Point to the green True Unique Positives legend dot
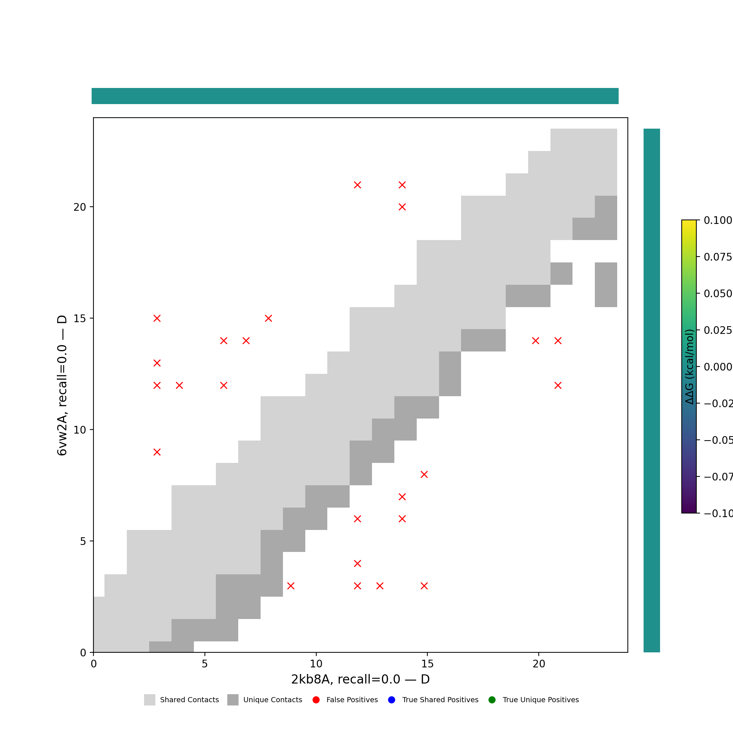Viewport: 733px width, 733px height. tap(492, 700)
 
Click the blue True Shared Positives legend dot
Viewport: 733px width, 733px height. tap(391, 700)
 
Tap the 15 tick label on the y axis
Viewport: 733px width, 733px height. tap(80, 319)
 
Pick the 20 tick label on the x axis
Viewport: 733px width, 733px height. tap(539, 664)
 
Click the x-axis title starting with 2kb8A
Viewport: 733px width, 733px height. tap(360, 679)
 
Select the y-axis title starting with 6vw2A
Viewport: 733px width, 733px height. tap(62, 385)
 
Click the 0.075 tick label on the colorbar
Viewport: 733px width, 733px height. tap(717, 257)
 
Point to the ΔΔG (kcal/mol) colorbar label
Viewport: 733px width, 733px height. tap(689, 366)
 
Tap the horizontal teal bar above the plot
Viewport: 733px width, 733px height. tap(355, 96)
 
